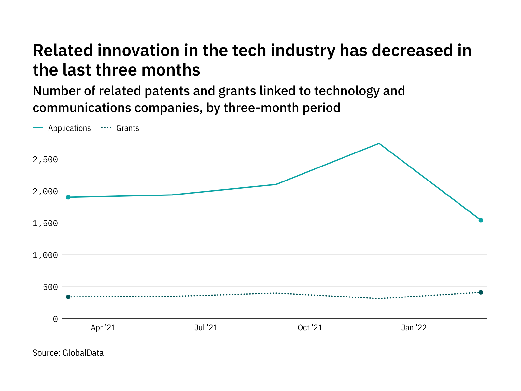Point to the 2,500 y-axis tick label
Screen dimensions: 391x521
(45, 160)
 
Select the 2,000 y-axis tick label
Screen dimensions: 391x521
(45, 192)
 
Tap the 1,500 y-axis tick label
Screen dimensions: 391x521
(45, 224)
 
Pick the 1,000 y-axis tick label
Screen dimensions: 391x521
(45, 255)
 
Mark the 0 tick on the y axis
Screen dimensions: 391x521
(55, 319)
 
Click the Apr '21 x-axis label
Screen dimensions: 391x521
(103, 328)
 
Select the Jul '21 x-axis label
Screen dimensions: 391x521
(206, 328)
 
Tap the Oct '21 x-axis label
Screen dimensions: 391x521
(310, 328)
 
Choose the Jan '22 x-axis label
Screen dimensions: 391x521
(414, 328)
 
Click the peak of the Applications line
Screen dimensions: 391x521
(379, 143)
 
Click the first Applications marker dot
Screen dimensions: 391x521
(68, 197)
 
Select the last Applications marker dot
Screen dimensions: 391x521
(481, 220)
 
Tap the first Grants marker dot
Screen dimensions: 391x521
(68, 297)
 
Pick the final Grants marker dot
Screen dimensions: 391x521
(481, 292)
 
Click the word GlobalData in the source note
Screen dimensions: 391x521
(83, 353)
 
